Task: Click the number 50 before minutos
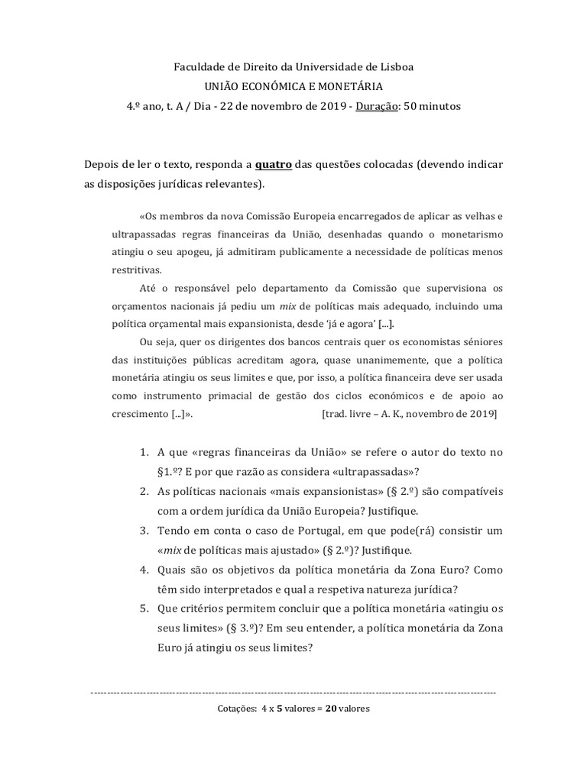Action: pyautogui.click(x=410, y=106)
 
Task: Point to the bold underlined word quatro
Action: pyautogui.click(x=274, y=165)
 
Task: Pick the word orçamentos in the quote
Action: pyautogui.click(x=141, y=306)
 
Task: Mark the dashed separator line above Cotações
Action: pyautogui.click(x=293, y=692)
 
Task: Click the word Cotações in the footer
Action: pyautogui.click(x=237, y=709)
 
